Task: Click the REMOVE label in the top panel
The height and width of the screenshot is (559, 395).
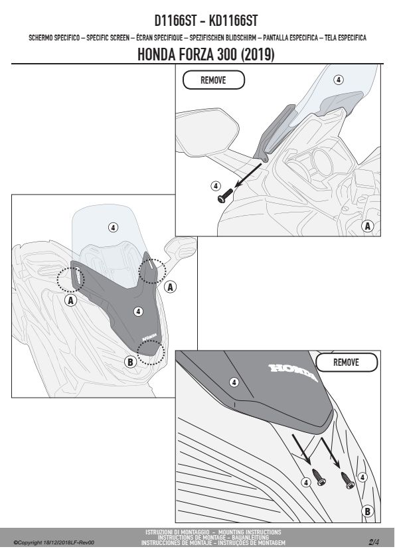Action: click(213, 80)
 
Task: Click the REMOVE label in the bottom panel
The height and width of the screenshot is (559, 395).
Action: click(346, 362)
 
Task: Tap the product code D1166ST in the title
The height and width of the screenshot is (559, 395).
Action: click(175, 21)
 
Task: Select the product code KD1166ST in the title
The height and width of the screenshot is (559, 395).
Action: click(233, 21)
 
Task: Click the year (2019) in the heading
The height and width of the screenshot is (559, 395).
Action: click(258, 54)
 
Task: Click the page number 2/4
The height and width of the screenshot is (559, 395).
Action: click(374, 542)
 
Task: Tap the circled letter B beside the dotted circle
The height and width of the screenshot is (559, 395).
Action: click(130, 362)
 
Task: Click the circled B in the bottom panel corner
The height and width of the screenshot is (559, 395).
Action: click(368, 512)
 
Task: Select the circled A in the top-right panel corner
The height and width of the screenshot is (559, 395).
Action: click(368, 226)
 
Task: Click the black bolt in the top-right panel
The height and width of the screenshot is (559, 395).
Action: click(224, 196)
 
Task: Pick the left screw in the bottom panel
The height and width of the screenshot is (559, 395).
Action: click(319, 477)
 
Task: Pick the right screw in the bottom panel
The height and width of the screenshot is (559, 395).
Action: click(347, 480)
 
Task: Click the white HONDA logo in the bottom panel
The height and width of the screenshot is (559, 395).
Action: click(293, 372)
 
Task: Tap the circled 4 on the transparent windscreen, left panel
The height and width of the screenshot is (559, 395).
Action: click(113, 227)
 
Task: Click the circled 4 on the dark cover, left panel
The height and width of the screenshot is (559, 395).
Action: click(138, 311)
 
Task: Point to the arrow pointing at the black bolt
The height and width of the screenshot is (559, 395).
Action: click(248, 175)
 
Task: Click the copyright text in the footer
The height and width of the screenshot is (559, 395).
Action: click(54, 542)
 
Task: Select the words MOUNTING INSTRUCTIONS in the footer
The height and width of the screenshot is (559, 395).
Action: click(250, 532)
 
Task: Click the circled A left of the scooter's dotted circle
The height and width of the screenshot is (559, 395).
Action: click(71, 301)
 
